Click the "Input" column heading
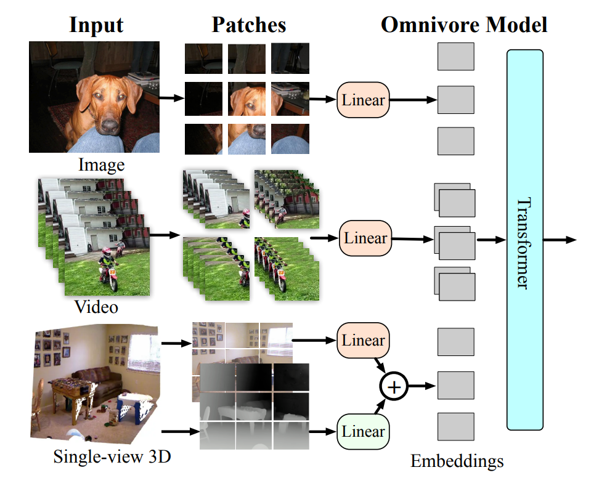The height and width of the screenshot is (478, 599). [x=96, y=25]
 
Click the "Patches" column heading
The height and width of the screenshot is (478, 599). [x=249, y=25]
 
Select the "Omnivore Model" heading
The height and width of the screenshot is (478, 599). [x=463, y=25]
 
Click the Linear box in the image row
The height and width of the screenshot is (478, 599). [x=364, y=100]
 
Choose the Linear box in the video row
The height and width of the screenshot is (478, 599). [x=365, y=238]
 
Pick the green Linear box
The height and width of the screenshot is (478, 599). [x=364, y=431]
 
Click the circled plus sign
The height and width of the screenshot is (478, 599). [x=394, y=387]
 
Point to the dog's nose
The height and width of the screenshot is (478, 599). [x=110, y=125]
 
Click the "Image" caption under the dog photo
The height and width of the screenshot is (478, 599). [x=101, y=165]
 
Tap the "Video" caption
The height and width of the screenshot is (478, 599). [x=96, y=306]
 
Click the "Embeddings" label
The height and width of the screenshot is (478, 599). [x=457, y=461]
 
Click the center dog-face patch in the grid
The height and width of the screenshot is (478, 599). [x=247, y=99]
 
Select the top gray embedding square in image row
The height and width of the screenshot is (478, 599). [x=455, y=57]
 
